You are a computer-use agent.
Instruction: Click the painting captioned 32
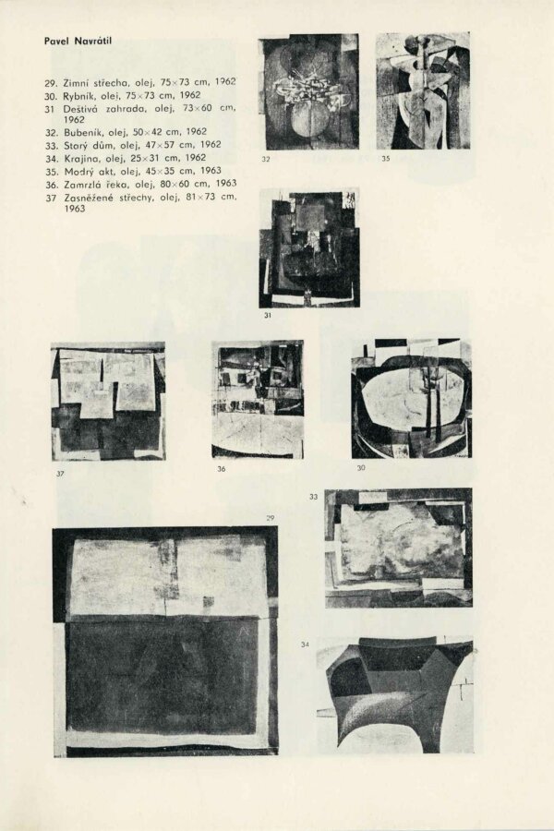click(307, 92)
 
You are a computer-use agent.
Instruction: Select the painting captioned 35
click(423, 90)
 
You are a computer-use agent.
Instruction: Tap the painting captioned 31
click(308, 247)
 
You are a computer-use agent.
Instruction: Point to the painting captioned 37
click(108, 401)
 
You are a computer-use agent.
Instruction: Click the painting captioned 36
click(258, 399)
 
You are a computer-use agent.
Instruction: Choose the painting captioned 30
click(411, 399)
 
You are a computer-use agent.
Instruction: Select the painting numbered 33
click(398, 547)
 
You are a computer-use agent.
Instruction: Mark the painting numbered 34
click(394, 694)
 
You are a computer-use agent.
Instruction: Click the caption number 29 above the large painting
click(270, 518)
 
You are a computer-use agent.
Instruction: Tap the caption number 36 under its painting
click(221, 469)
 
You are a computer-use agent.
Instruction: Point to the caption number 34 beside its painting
click(306, 644)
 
